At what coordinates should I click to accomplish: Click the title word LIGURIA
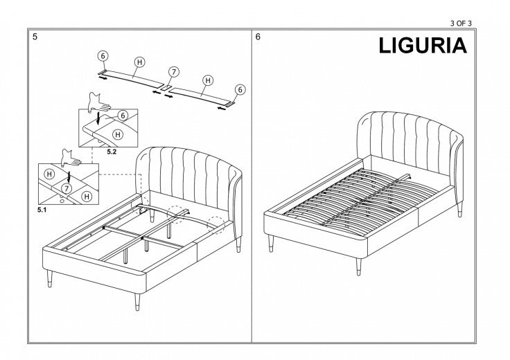coord(423,46)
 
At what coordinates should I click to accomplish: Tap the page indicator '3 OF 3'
coord(461,23)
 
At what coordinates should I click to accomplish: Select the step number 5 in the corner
coord(35,37)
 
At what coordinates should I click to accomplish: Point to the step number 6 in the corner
coord(258,37)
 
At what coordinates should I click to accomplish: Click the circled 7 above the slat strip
coord(174,72)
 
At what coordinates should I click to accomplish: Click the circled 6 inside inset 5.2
coord(123,116)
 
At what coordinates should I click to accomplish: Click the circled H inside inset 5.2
coord(118,134)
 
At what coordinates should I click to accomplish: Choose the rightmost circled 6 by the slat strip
coord(240,89)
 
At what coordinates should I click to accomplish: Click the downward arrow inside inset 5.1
coord(67,172)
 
